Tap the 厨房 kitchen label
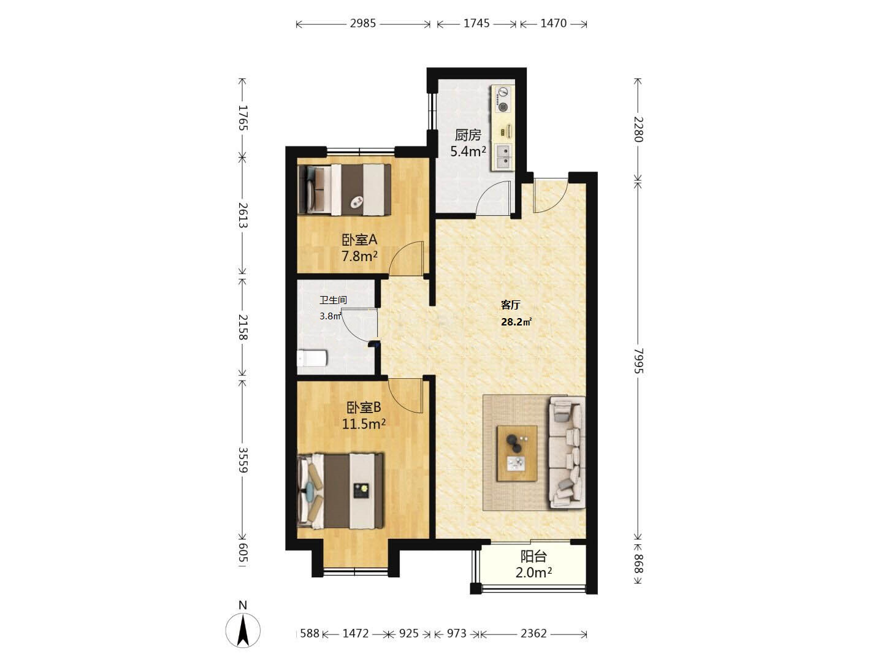(468, 135)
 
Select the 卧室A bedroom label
(359, 240)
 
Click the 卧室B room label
(364, 408)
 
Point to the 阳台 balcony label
(533, 557)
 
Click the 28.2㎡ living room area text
(516, 322)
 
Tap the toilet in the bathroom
(311, 358)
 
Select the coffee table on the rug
(517, 453)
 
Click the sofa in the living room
(567, 453)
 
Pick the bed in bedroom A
(345, 189)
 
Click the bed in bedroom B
(340, 491)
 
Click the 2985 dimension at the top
(362, 23)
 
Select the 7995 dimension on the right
(638, 360)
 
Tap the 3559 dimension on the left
(243, 460)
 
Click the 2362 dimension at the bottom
(533, 633)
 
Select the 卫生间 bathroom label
(333, 300)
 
